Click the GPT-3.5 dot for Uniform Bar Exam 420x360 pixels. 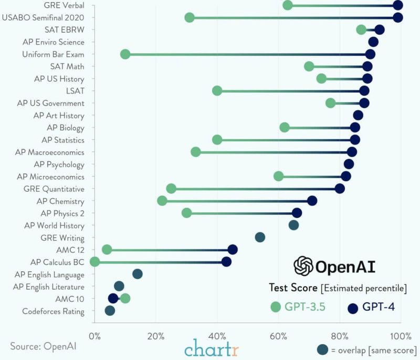(x=125, y=54)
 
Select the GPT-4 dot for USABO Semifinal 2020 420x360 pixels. (x=398, y=18)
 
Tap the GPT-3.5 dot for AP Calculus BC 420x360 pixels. (x=94, y=262)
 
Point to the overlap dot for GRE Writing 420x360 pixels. (x=260, y=238)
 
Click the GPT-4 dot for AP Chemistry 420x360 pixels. (x=312, y=201)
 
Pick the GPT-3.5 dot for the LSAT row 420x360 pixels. (x=217, y=91)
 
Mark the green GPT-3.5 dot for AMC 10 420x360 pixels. (x=125, y=299)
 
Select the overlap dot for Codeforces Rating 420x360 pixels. (x=110, y=311)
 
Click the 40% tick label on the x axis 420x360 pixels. (x=217, y=336)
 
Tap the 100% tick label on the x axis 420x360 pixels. (x=400, y=336)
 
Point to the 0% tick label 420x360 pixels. (x=94, y=336)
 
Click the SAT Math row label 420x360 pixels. (x=67, y=66)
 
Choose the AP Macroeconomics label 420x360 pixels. (x=49, y=152)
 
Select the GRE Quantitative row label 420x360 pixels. (x=54, y=189)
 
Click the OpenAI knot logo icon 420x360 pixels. (x=303, y=266)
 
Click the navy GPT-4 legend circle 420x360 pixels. (x=353, y=308)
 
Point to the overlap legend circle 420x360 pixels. (x=323, y=349)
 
